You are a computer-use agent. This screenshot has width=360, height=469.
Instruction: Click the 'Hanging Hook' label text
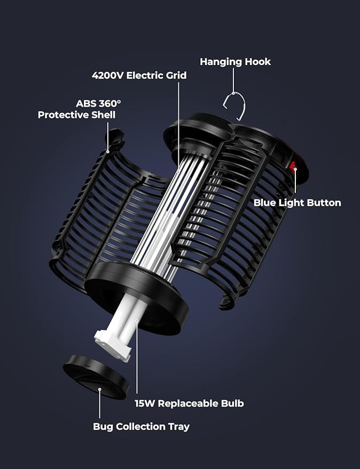pyautogui.click(x=235, y=62)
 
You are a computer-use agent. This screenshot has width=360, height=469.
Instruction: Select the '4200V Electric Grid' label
pyautogui.click(x=139, y=75)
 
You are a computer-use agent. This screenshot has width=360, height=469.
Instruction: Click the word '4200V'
pyautogui.click(x=107, y=75)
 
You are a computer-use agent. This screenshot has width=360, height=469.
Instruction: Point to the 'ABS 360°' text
pyautogui.click(x=98, y=104)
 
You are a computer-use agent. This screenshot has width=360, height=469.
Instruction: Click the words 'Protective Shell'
pyautogui.click(x=76, y=115)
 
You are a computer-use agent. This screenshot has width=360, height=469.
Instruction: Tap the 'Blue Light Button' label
pyautogui.click(x=297, y=203)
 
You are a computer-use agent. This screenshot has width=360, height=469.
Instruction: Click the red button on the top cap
pyautogui.click(x=292, y=165)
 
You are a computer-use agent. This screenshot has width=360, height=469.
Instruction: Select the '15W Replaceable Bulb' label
pyautogui.click(x=189, y=403)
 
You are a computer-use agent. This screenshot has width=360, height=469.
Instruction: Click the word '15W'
pyautogui.click(x=145, y=403)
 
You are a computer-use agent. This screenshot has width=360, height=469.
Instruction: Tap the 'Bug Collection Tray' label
pyautogui.click(x=141, y=426)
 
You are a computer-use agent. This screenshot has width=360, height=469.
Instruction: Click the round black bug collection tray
pyautogui.click(x=96, y=377)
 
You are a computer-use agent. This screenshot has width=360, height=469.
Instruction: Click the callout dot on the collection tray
pyautogui.click(x=100, y=389)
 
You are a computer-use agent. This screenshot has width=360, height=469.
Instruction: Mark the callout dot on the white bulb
pyautogui.click(x=137, y=321)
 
